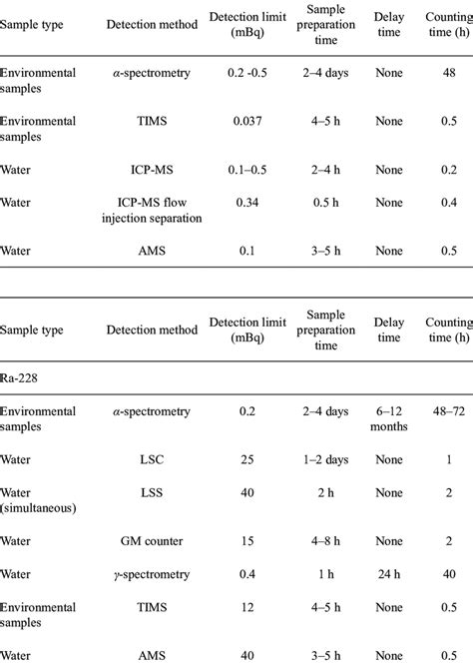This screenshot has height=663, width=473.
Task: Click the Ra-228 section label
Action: [x=22, y=380]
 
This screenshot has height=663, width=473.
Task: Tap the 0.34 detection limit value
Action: [x=246, y=203]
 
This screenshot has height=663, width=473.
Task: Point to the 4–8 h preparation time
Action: [x=319, y=541]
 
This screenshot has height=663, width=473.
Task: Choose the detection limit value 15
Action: [x=246, y=541]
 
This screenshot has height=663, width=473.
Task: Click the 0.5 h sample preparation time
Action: [x=319, y=203]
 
